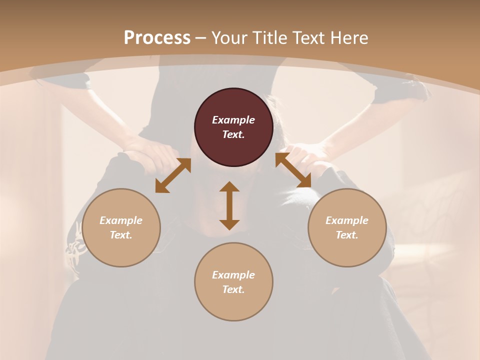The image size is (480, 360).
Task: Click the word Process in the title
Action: point(157,38)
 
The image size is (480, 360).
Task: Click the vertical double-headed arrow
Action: point(229,205)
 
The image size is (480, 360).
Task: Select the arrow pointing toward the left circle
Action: point(173,175)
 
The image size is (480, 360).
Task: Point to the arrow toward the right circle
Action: point(293,170)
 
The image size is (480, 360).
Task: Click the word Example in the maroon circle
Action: point(233,120)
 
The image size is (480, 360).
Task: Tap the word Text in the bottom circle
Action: point(233,289)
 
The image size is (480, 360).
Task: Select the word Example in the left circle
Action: point(121,220)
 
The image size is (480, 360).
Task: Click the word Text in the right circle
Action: point(347,235)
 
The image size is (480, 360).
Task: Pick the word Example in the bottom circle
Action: point(233,275)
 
